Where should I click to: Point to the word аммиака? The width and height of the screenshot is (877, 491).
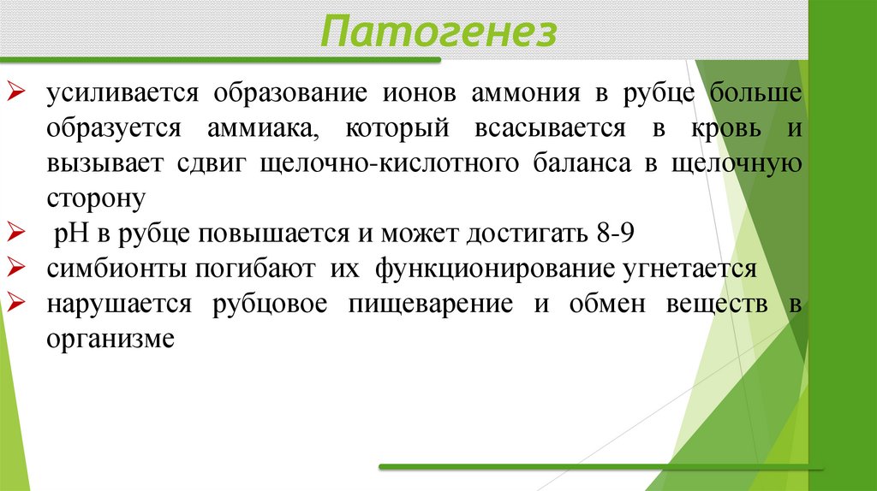[262, 128]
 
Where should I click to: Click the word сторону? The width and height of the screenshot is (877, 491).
[98, 198]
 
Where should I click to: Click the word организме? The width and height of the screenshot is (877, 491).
[110, 338]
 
